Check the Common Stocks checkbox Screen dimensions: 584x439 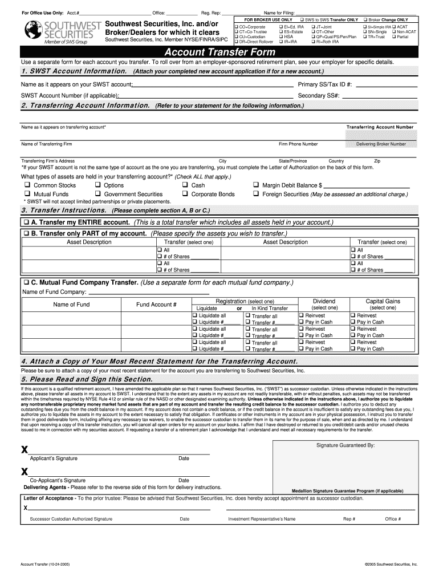26,185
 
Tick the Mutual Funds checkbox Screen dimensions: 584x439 26,194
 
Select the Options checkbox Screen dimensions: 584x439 98,185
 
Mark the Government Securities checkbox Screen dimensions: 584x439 98,194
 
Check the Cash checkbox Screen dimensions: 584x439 185,185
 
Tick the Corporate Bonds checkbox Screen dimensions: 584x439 185,194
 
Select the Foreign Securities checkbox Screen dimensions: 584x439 257,194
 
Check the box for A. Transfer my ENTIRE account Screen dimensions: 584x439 26,222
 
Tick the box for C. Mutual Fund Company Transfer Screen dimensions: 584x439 26,283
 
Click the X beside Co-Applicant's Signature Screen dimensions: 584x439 25,472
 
